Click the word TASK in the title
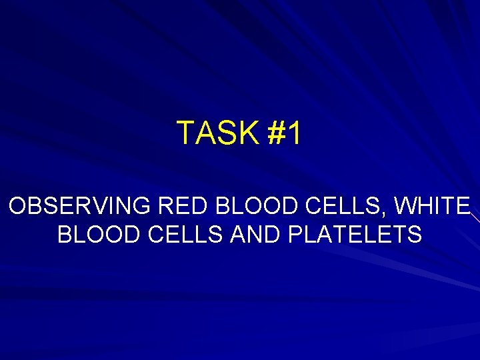pyautogui.click(x=217, y=133)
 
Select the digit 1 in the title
pyautogui.click(x=294, y=133)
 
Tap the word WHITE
pyautogui.click(x=433, y=206)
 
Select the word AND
pyautogui.click(x=253, y=235)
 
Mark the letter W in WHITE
pyautogui.click(x=404, y=206)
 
